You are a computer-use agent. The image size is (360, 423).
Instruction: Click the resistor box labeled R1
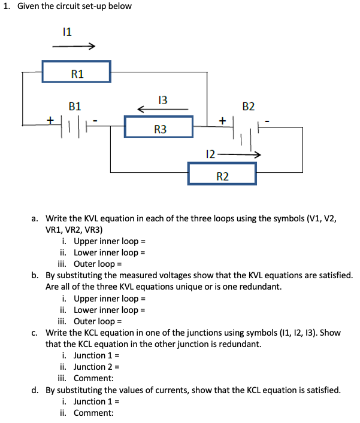pos(77,72)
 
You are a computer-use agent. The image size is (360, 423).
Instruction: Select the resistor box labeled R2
pos(222,174)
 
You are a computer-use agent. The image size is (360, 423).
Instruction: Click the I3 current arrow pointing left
pos(163,109)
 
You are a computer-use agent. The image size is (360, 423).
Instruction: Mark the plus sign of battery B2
pos(222,120)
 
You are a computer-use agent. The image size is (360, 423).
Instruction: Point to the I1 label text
pos(67,32)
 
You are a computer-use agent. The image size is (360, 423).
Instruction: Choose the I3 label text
pos(162,99)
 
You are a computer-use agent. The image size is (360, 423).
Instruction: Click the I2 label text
pos(210,154)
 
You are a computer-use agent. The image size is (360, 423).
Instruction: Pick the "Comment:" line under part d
pos(93,412)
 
